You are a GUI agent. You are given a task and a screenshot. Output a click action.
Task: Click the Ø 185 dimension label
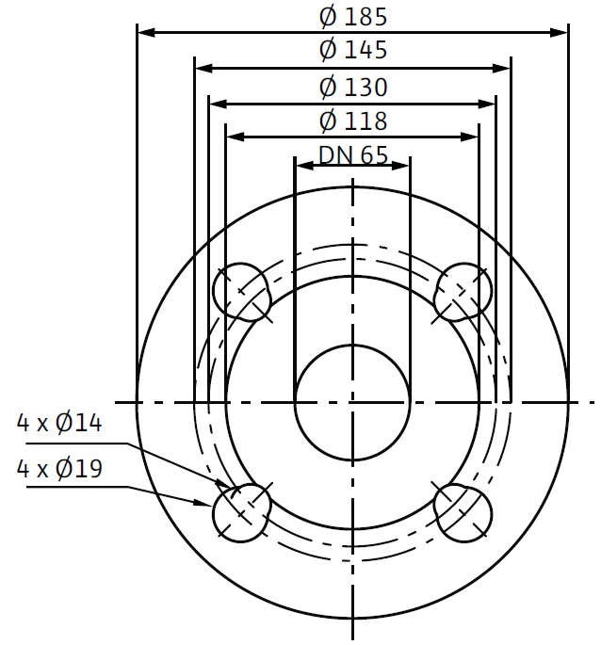[353, 17]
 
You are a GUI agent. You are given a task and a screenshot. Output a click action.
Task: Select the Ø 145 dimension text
[353, 50]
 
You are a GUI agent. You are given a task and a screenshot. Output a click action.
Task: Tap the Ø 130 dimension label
[353, 88]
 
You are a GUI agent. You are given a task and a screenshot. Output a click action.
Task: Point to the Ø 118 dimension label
[353, 121]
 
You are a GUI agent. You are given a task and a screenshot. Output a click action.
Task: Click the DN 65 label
[353, 155]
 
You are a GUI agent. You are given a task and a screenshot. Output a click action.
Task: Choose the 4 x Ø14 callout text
[58, 423]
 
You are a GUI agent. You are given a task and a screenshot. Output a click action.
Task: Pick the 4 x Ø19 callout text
[58, 469]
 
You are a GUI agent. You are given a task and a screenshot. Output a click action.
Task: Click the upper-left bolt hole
[242, 292]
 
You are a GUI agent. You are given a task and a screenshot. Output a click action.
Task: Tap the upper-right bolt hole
[463, 292]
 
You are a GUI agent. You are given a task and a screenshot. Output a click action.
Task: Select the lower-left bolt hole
[242, 513]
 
